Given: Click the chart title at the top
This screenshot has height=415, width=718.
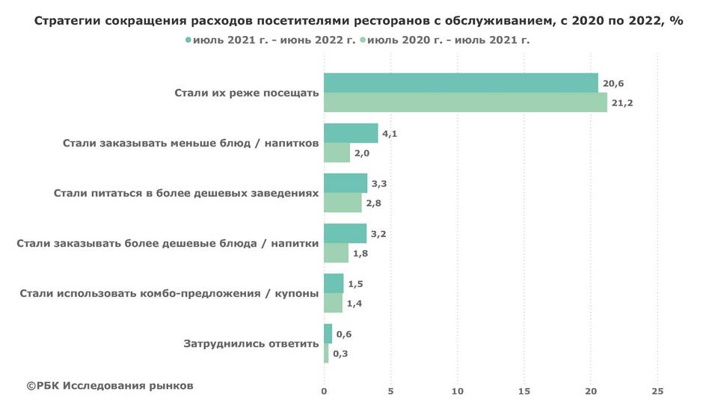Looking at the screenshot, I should [x=359, y=21].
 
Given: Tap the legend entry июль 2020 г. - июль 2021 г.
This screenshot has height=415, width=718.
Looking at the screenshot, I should [x=448, y=40].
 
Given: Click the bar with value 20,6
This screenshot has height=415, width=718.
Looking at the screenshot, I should [x=461, y=83].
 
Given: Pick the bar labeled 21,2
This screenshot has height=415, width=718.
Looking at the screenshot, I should [x=465, y=102].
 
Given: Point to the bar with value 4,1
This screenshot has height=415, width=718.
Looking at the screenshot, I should [x=351, y=133].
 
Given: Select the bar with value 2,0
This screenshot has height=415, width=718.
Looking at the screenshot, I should [x=337, y=153].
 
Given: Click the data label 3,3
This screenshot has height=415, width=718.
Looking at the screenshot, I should [x=379, y=183].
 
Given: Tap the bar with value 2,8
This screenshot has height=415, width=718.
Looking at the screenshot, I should [x=342, y=203].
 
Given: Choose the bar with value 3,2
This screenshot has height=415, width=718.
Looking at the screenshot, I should [x=345, y=233].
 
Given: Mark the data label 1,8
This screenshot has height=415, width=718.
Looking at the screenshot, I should [x=360, y=253].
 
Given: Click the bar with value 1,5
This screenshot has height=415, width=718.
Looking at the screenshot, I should [x=334, y=283].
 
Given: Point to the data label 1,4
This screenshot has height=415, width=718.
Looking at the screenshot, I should [x=355, y=304].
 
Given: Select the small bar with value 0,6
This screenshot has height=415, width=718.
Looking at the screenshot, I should [x=328, y=333].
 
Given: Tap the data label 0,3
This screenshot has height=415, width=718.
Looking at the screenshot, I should [x=340, y=354].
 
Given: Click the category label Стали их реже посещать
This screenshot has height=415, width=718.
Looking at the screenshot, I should [x=246, y=93].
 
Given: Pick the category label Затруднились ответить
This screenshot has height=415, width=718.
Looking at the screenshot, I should [x=251, y=344].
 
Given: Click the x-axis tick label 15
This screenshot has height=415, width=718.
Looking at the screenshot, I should [x=524, y=391].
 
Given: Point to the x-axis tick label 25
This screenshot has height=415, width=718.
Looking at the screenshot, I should [x=657, y=391].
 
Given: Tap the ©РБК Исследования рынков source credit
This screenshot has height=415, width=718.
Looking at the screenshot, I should [x=110, y=386].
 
